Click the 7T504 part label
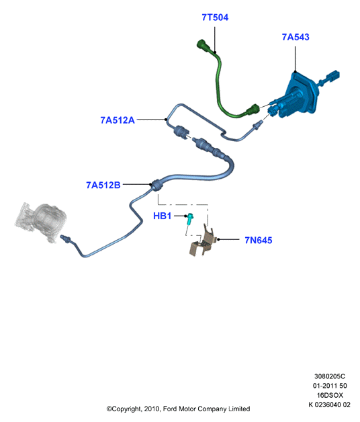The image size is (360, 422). point(215,17)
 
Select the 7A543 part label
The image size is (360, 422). point(296,37)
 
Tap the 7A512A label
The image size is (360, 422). point(118,120)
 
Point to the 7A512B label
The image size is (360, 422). point(103,185)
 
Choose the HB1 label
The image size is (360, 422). point(162,216)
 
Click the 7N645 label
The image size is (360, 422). point(259,240)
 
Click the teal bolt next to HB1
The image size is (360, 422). point(189,219)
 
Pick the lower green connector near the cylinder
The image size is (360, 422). point(253,109)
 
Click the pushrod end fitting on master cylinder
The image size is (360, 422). point(332,77)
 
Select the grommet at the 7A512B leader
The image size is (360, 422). point(157,185)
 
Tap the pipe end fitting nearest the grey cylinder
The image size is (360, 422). point(66,239)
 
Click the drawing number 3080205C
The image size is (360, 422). point(330,376)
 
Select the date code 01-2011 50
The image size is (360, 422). point(330,386)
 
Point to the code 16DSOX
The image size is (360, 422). point(330,395)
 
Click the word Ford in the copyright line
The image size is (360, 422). point(170,409)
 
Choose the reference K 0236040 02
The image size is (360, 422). point(329,405)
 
